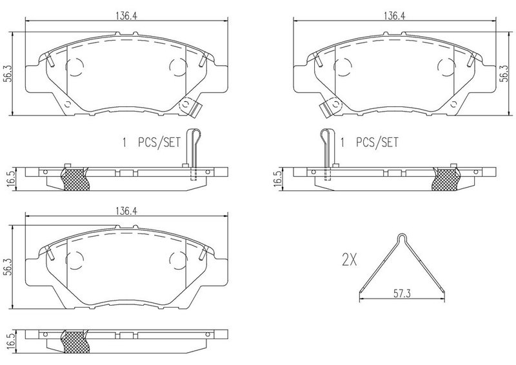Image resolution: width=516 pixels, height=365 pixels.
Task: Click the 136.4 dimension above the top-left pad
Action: coord(126,16)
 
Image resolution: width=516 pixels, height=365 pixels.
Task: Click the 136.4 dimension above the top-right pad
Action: coord(394,16)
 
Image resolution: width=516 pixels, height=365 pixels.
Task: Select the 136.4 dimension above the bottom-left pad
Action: coord(126,211)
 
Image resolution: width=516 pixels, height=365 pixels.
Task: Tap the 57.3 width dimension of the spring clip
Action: coord(402,293)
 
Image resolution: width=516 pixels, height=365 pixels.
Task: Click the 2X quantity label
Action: coord(349,261)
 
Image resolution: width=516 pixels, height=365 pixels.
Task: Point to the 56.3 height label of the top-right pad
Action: coord(504,73)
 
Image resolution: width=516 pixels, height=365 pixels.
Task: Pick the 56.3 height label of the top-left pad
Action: coord(8,73)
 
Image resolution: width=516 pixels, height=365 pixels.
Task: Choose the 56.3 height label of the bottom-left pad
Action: coord(8,267)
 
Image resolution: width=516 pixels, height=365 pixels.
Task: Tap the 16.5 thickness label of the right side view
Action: coord(278,179)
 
